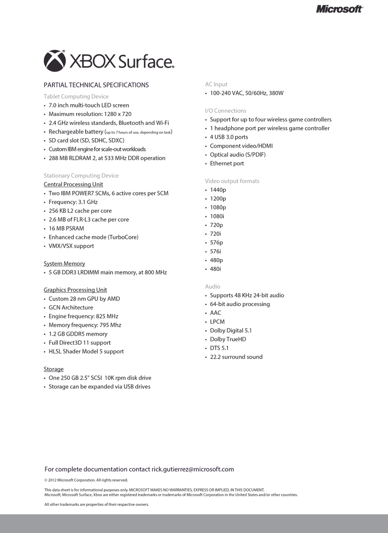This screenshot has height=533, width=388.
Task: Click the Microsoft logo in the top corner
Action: tap(339, 9)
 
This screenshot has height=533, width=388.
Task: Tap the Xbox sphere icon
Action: tap(55, 61)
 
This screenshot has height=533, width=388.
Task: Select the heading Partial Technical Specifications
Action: tap(96, 85)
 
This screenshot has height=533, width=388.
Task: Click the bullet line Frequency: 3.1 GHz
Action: tap(73, 202)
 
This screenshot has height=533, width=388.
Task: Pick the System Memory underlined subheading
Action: tap(64, 264)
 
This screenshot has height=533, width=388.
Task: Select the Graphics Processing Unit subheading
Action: tap(75, 290)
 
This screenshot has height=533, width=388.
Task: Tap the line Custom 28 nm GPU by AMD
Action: tap(84, 299)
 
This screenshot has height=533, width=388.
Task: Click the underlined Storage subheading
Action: tap(53, 369)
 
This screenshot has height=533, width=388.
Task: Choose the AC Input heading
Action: tap(216, 84)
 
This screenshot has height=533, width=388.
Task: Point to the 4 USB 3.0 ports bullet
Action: tap(229, 137)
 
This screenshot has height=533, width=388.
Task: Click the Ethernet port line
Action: tap(227, 163)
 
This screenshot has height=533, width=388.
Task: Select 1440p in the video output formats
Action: tap(218, 190)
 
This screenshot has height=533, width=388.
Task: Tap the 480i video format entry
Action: tap(216, 269)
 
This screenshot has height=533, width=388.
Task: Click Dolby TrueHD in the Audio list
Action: tap(228, 340)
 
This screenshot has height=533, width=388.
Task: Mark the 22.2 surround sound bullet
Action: tap(236, 357)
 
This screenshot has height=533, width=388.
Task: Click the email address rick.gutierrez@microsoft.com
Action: tap(193, 469)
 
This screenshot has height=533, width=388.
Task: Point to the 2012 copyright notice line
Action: tap(86, 480)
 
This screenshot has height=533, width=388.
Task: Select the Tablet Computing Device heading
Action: tap(76, 97)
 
